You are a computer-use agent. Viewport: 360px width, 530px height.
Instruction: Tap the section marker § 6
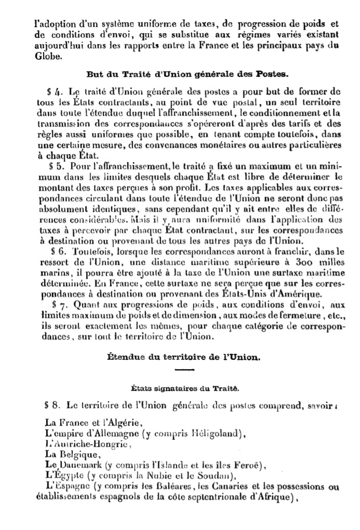54,250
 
